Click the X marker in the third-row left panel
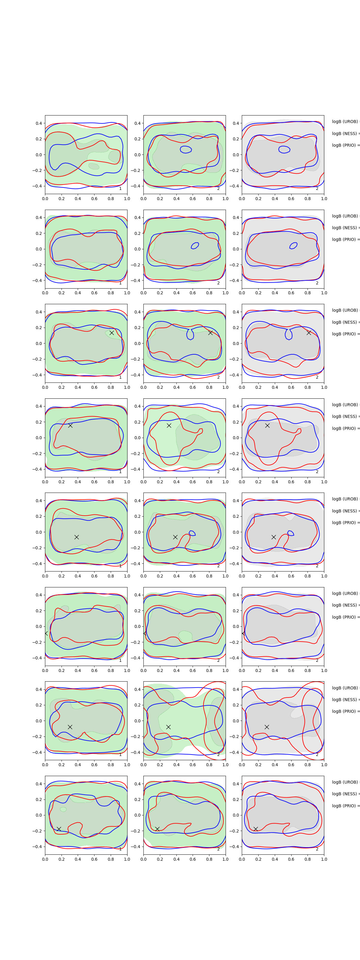[111, 333]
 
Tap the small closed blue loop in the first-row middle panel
[186, 149]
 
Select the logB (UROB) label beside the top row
[345, 121]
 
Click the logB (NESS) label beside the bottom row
[345, 794]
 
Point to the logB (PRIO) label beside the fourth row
[345, 428]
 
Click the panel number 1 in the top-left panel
[120, 189]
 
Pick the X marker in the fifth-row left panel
[76, 537]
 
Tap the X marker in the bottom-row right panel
[256, 829]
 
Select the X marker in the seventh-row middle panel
[168, 727]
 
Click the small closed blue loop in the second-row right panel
[294, 246]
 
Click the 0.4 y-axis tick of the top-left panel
[39, 123]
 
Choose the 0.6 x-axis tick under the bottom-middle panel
[193, 859]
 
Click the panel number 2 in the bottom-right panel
[317, 849]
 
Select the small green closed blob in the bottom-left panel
[63, 809]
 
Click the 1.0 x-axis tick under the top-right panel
[324, 199]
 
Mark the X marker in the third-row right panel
[309, 332]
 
